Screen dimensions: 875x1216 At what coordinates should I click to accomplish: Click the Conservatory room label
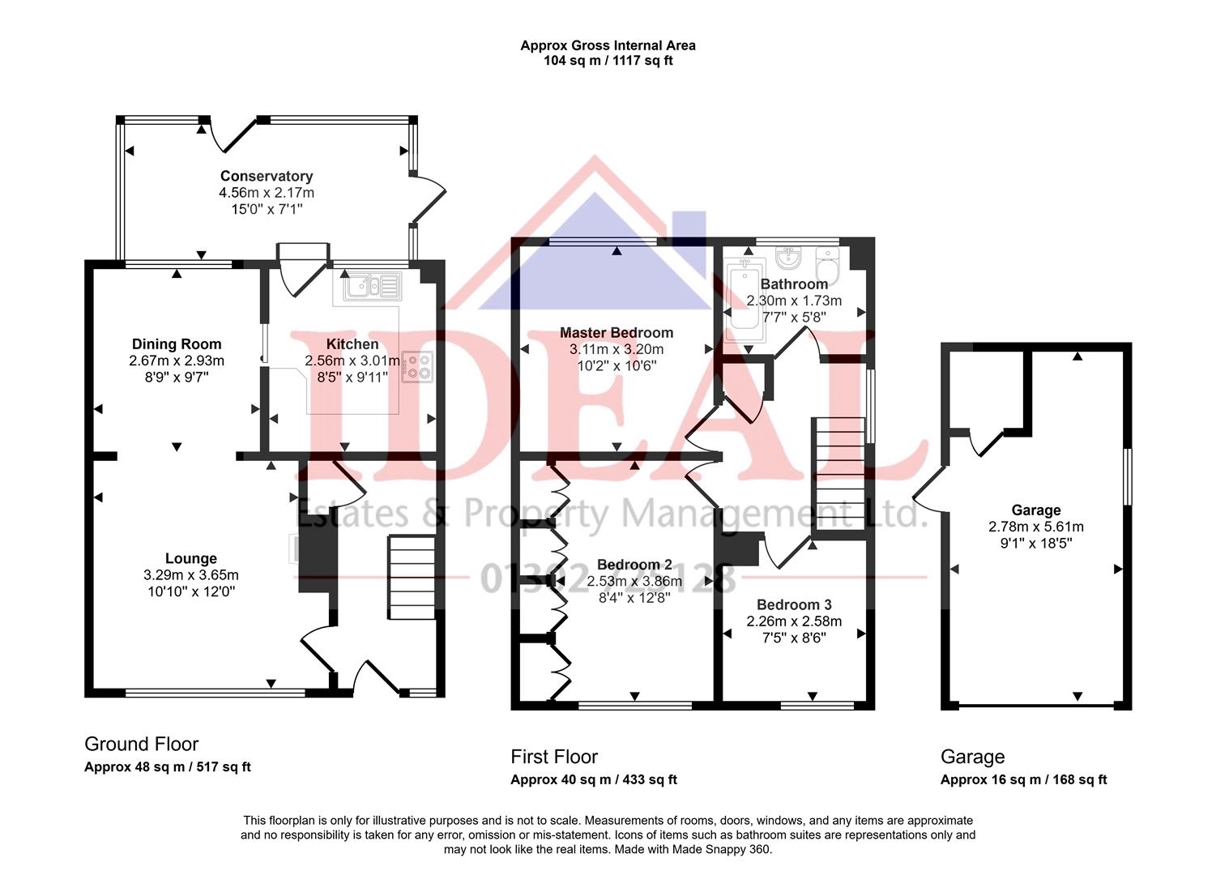pyautogui.click(x=266, y=176)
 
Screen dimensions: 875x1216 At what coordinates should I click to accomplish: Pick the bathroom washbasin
pyautogui.click(x=787, y=258)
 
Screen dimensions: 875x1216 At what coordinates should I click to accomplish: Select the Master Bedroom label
pyautogui.click(x=616, y=332)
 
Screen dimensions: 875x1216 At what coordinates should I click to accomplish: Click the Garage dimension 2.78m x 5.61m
pyautogui.click(x=1035, y=527)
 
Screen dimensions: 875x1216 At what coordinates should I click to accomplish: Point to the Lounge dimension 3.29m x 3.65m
pyautogui.click(x=190, y=575)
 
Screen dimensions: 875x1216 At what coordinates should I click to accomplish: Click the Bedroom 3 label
pyautogui.click(x=794, y=604)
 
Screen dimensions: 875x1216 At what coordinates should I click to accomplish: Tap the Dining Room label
pyautogui.click(x=177, y=344)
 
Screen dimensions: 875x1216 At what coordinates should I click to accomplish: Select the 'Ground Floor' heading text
pyautogui.click(x=141, y=744)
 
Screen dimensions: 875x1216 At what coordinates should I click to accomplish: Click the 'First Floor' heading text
pyautogui.click(x=554, y=757)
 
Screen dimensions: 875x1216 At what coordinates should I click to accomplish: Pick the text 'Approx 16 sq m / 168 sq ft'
pyautogui.click(x=1023, y=779)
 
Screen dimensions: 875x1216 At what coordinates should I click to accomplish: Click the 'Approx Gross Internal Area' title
pyautogui.click(x=608, y=45)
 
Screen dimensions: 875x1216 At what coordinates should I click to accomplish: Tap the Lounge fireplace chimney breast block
pyautogui.click(x=317, y=559)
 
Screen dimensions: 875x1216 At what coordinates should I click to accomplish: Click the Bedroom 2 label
pyautogui.click(x=634, y=565)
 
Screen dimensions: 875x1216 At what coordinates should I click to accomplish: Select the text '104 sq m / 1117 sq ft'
pyautogui.click(x=608, y=61)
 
